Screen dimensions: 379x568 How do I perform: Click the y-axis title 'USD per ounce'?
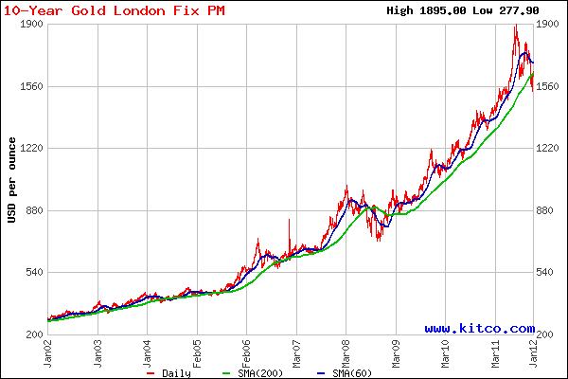(11, 180)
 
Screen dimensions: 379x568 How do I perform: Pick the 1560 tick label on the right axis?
(550, 86)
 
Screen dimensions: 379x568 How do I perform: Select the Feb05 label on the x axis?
(197, 353)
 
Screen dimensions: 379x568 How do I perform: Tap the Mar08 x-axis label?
(345, 353)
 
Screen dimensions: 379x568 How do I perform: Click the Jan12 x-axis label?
(535, 353)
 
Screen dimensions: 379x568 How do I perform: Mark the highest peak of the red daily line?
(516, 27)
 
